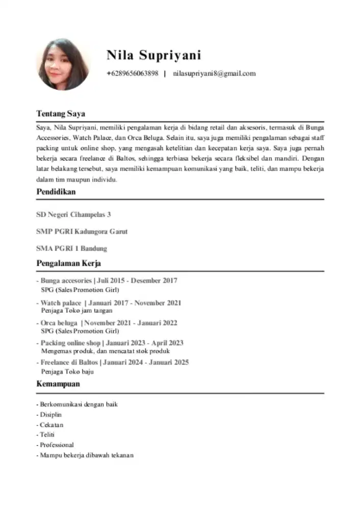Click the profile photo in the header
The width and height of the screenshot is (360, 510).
(63, 64)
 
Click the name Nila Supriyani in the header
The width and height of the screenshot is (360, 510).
(153, 55)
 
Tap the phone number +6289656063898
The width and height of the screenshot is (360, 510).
(133, 73)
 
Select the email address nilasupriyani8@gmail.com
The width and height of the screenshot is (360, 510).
(214, 73)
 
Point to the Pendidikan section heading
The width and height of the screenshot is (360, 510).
(56, 192)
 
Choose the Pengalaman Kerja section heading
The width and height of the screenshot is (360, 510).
(69, 264)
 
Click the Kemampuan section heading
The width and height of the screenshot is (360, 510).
(58, 384)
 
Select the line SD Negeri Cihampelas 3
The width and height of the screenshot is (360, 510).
(74, 214)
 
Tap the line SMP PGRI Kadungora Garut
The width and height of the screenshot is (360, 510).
(82, 232)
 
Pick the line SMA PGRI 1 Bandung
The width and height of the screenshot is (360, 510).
(72, 249)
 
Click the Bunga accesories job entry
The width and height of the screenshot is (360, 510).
(107, 280)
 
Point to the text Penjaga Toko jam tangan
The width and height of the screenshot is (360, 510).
(76, 310)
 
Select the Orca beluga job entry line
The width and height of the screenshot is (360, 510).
(107, 323)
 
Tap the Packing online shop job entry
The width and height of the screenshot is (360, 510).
(110, 343)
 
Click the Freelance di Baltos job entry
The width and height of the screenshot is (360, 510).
(113, 363)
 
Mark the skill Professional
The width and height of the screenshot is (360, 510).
(55, 445)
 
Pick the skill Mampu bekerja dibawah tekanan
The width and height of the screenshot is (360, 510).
(85, 455)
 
